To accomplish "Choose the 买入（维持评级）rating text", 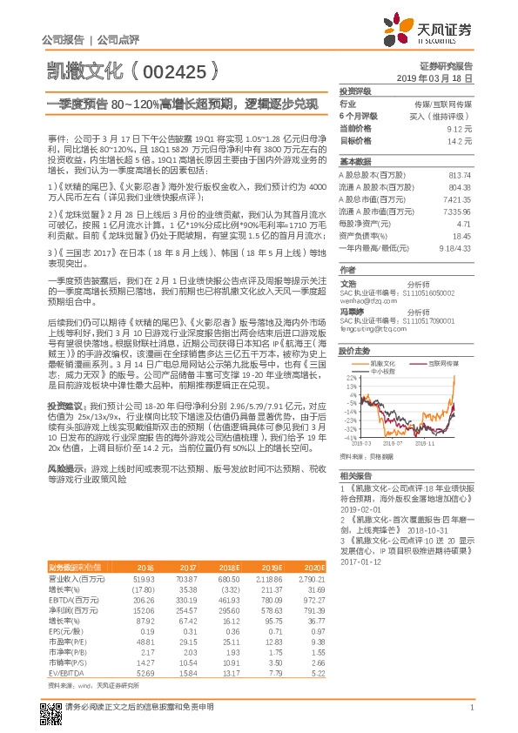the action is (447, 114).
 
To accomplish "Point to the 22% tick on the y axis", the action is (351, 378).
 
